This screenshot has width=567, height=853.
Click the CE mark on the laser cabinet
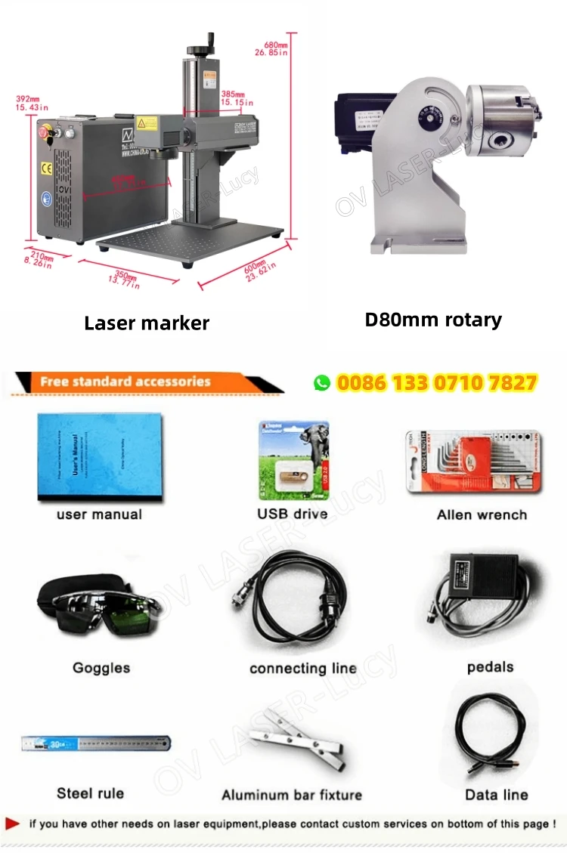point(46,165)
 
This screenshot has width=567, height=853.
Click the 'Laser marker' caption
point(147,323)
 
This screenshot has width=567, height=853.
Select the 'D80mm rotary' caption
point(433,320)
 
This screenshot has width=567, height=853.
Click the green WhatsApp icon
point(322,383)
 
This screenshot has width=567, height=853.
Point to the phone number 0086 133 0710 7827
point(436,383)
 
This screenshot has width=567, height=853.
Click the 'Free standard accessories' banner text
point(125,382)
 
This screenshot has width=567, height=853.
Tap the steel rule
point(96,744)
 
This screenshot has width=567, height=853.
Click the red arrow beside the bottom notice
point(13,824)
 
